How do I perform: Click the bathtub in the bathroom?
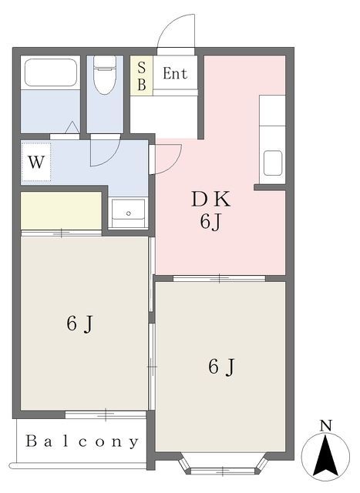click(50, 73)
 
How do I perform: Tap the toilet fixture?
click(105, 75)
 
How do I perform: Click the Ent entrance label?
click(175, 75)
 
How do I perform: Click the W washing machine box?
click(35, 163)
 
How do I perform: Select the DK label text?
click(210, 199)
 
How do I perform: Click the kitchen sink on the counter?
click(274, 163)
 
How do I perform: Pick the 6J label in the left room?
click(79, 324)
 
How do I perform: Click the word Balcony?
click(82, 442)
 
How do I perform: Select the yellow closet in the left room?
click(61, 210)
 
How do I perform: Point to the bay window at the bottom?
click(224, 464)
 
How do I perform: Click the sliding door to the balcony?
click(105, 414)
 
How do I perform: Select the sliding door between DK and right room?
click(220, 277)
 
